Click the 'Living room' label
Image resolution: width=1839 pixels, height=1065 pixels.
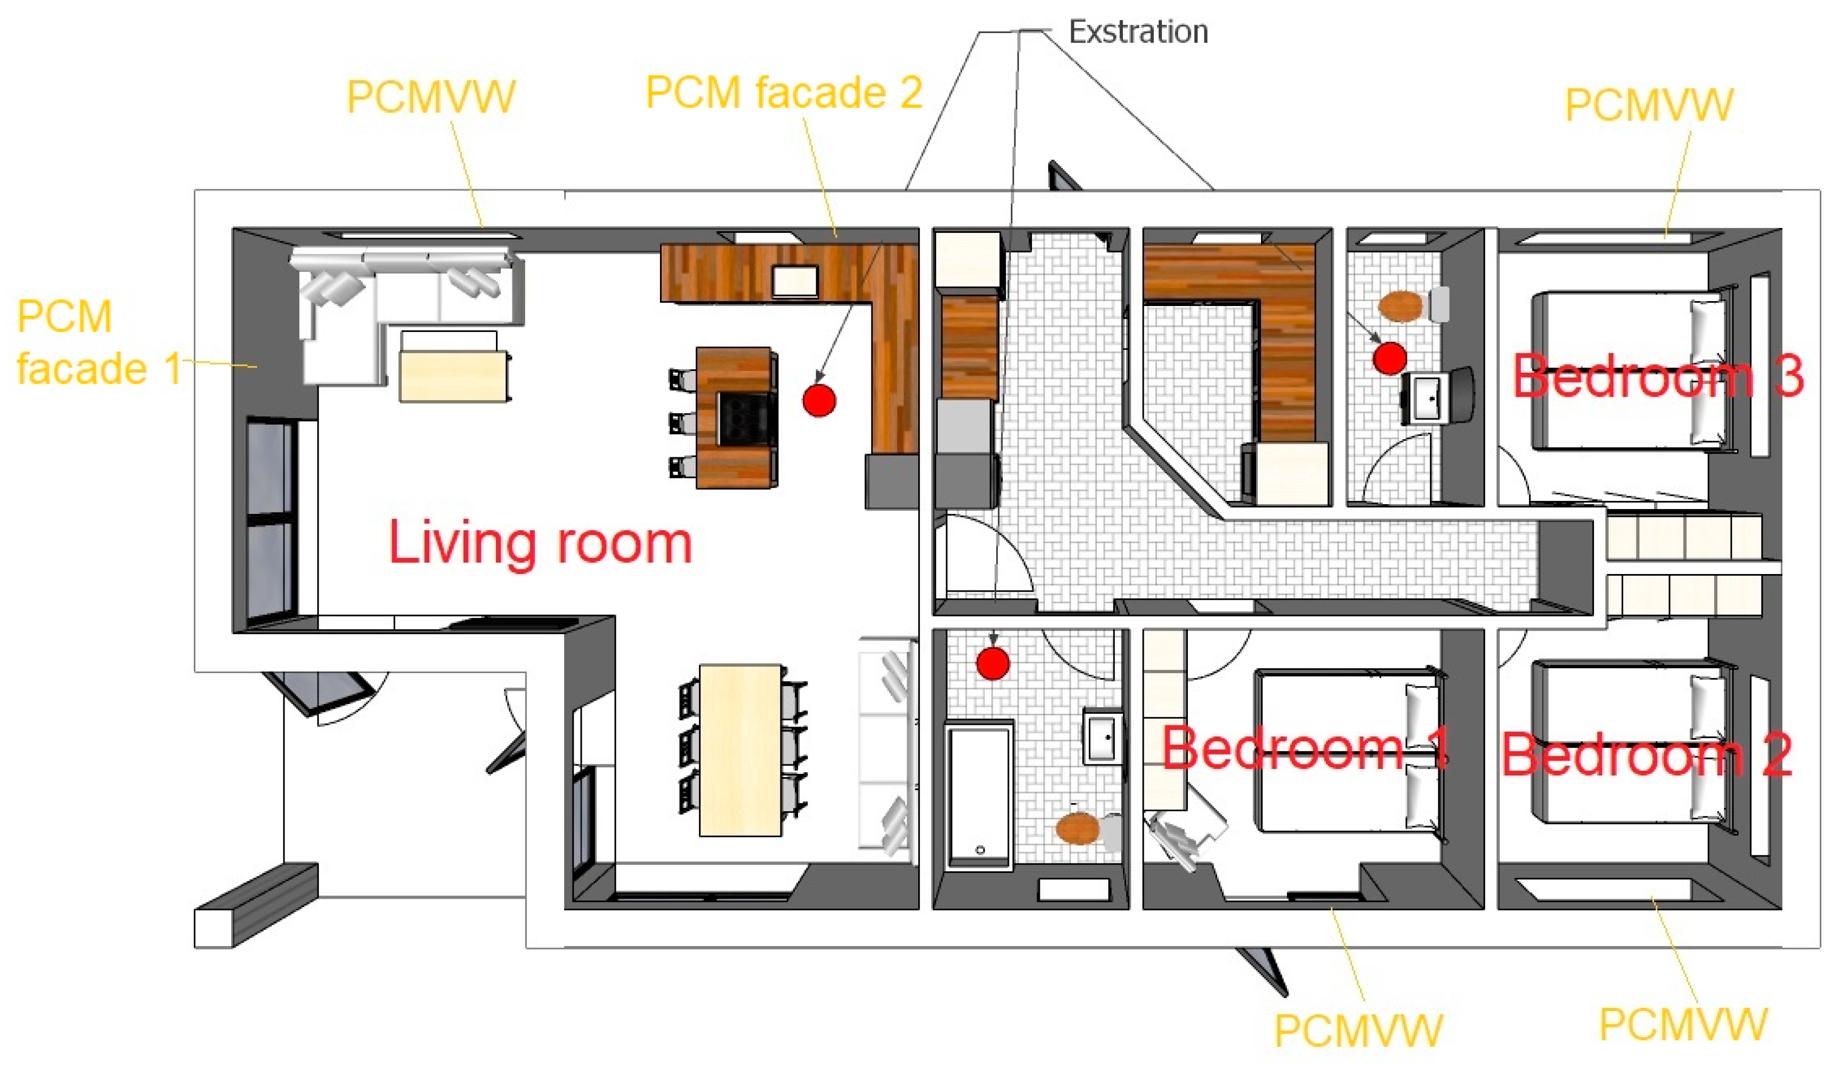[x=540, y=543]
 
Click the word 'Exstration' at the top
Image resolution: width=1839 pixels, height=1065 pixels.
[x=1138, y=32]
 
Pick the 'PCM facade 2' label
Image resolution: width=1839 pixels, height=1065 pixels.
[x=784, y=92]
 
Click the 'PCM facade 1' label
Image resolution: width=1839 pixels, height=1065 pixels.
[x=99, y=342]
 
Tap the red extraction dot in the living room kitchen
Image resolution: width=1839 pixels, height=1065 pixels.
[x=819, y=400]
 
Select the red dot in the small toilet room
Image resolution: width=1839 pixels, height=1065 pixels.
[x=1389, y=358]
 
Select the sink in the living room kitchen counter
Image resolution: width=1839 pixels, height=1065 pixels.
[x=795, y=281]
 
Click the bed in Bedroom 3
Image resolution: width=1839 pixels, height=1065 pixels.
[x=1631, y=370]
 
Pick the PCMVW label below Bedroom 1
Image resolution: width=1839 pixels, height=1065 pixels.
[x=1359, y=1030]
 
